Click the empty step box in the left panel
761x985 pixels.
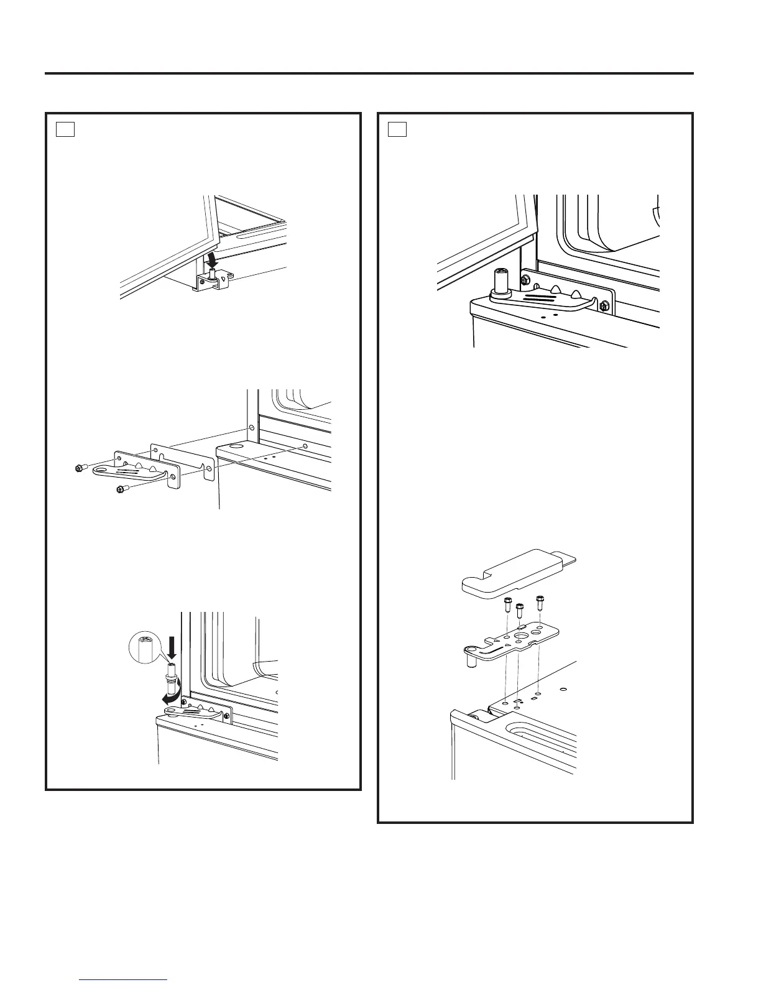pyautogui.click(x=65, y=130)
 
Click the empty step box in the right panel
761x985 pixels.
pyautogui.click(x=397, y=130)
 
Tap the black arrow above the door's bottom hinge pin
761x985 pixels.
pyautogui.click(x=213, y=257)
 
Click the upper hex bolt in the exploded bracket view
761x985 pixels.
pyautogui.click(x=79, y=468)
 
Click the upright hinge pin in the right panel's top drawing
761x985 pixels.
pyautogui.click(x=500, y=280)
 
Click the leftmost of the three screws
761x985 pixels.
pyautogui.click(x=508, y=603)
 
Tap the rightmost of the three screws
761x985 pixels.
pyautogui.click(x=540, y=601)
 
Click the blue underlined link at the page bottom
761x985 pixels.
pyautogui.click(x=124, y=978)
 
